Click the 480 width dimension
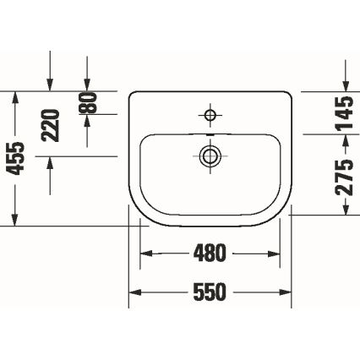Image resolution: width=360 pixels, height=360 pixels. (210, 253)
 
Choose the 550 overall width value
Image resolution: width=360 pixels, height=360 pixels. (210, 292)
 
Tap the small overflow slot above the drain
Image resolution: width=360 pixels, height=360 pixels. (209, 134)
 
